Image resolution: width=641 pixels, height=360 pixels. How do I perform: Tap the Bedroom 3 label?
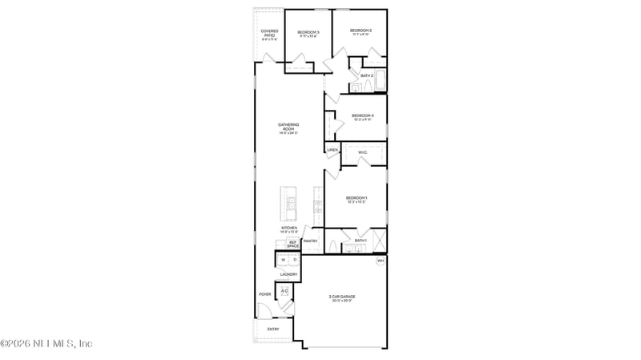(x=309, y=33)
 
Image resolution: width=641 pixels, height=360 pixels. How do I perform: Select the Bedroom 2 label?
(x=361, y=30)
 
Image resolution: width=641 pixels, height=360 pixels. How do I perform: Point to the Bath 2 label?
(x=366, y=76)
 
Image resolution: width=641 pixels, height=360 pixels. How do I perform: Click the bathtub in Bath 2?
(x=381, y=81)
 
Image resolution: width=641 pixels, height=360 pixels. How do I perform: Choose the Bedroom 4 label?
(x=362, y=116)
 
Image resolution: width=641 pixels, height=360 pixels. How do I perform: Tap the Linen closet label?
(x=332, y=150)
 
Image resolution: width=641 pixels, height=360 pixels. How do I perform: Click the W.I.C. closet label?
(x=362, y=152)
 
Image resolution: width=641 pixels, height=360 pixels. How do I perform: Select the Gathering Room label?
(x=288, y=128)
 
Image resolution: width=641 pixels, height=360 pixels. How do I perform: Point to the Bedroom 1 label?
(x=357, y=198)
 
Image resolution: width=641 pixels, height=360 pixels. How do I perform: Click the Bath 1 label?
(x=361, y=240)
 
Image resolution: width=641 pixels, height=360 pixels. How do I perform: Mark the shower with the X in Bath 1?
(x=378, y=241)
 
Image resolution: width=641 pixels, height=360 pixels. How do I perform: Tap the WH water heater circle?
(x=381, y=261)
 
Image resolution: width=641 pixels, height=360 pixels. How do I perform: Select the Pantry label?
(x=311, y=241)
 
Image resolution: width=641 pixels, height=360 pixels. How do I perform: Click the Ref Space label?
(x=293, y=244)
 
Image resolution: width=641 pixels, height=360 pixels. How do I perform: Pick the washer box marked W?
(x=283, y=260)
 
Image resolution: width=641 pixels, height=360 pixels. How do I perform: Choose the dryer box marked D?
(x=295, y=260)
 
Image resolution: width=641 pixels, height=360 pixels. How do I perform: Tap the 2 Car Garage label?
(x=342, y=297)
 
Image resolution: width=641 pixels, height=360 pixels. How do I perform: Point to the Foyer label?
(x=264, y=294)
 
